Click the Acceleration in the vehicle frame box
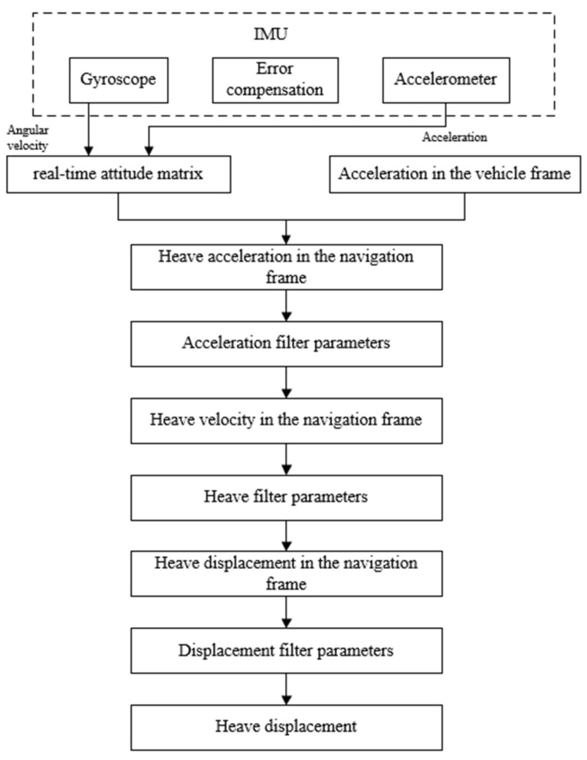click(454, 174)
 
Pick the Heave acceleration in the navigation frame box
click(287, 266)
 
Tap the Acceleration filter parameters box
click(287, 343)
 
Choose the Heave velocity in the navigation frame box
click(287, 419)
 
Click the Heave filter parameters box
click(287, 496)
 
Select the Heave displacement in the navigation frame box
click(287, 573)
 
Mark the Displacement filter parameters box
click(287, 651)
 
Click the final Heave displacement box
click(287, 725)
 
